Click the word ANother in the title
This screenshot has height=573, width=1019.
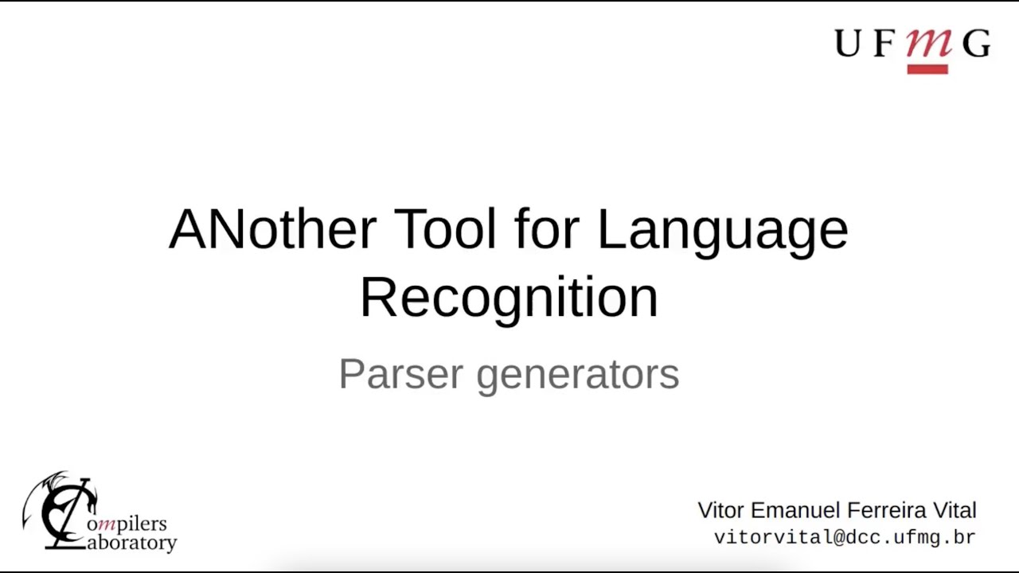[x=272, y=229]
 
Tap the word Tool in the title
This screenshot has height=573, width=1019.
[x=445, y=229]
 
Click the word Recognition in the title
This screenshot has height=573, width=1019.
[x=509, y=298]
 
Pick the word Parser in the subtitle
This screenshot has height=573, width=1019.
[x=400, y=373]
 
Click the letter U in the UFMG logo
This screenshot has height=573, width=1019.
[x=849, y=44]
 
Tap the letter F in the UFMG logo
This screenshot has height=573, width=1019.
[x=884, y=44]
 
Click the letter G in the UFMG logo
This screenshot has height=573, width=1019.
[x=976, y=44]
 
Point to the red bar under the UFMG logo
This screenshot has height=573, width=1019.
[x=927, y=69]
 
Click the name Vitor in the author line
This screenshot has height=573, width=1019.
[x=720, y=510]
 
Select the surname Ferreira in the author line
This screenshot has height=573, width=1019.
[x=884, y=510]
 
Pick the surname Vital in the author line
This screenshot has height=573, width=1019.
[x=954, y=510]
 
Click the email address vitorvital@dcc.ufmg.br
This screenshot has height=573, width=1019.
[x=845, y=537]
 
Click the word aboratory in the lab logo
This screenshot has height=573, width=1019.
[x=131, y=544]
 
